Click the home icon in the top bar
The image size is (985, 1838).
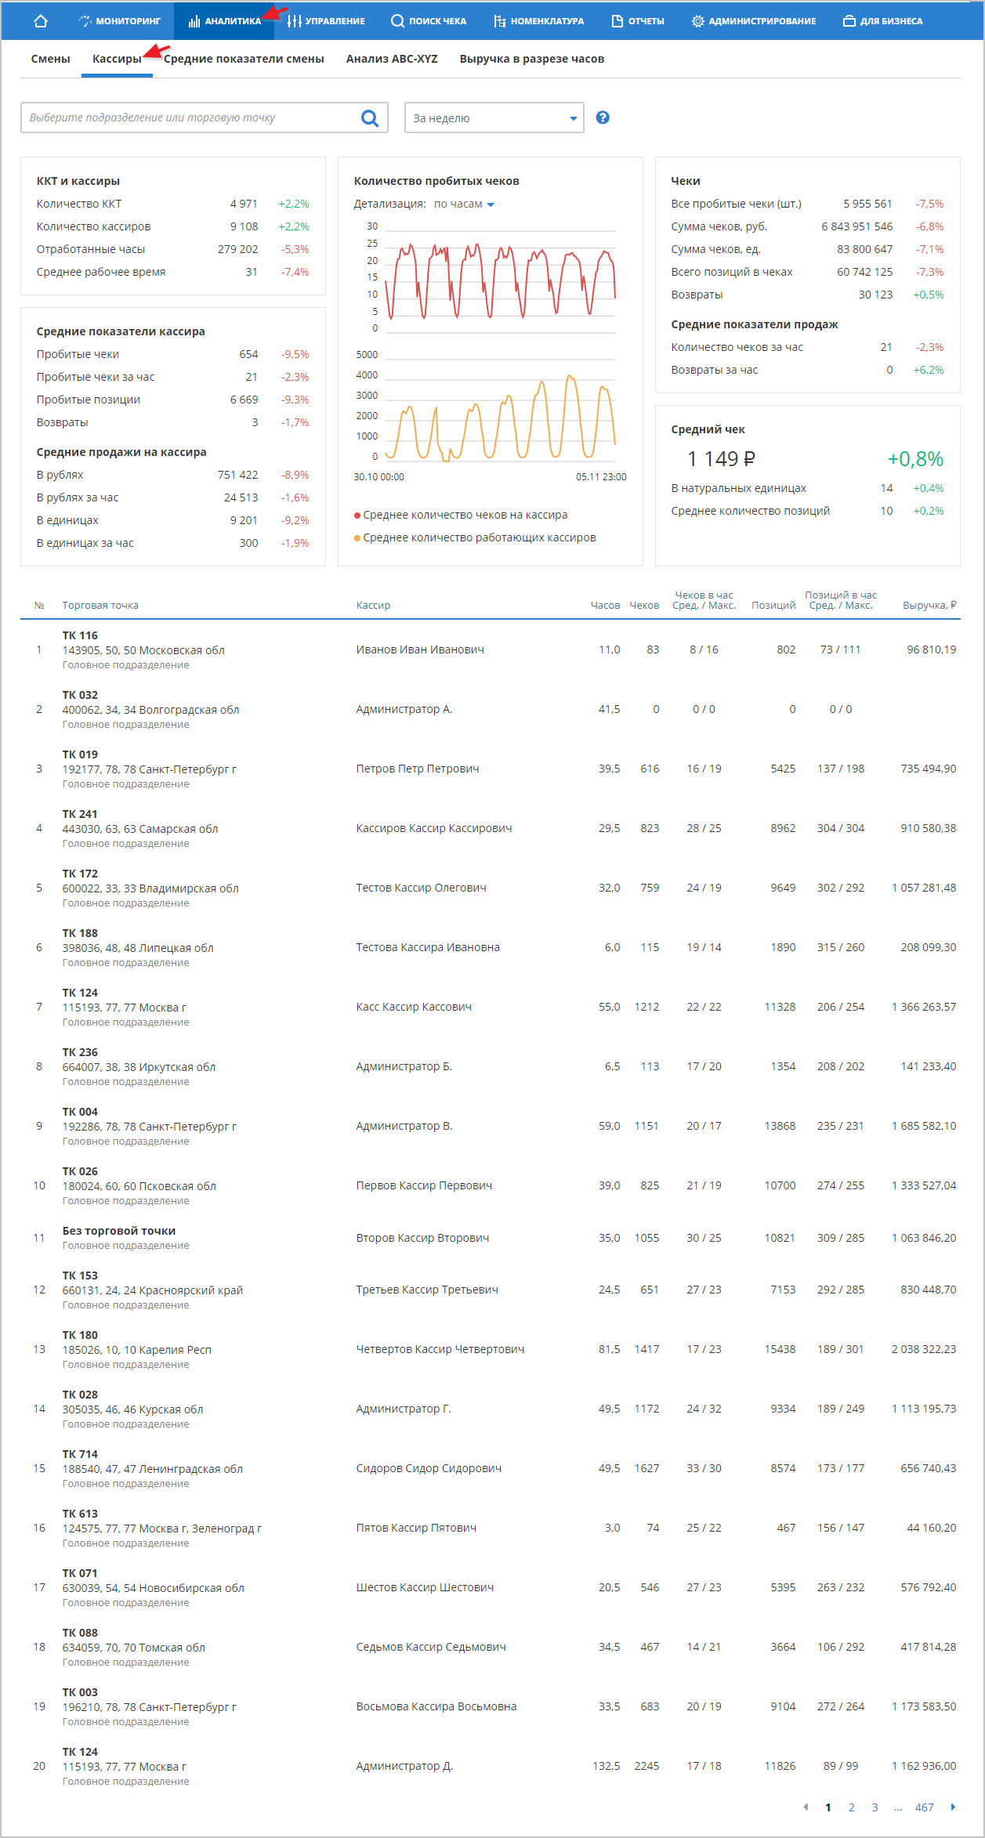(x=41, y=21)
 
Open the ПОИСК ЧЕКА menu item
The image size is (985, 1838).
(x=429, y=21)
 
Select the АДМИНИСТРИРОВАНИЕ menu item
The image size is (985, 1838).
(x=754, y=21)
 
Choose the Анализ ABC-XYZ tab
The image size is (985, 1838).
(x=392, y=59)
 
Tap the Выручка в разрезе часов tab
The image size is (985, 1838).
(x=531, y=59)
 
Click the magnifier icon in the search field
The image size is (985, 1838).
(x=370, y=118)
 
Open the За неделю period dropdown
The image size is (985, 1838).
(x=494, y=118)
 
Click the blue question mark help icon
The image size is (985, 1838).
(x=603, y=118)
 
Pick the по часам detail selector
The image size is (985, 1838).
(x=464, y=204)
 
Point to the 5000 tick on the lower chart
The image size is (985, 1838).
(x=367, y=355)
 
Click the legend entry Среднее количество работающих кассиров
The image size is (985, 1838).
(x=479, y=537)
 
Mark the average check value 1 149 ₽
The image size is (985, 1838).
(x=721, y=459)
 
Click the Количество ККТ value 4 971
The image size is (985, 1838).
(x=244, y=204)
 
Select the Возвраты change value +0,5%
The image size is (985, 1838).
(x=928, y=295)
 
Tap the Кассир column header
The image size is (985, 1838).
(x=373, y=606)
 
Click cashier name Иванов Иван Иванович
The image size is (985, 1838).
(x=420, y=649)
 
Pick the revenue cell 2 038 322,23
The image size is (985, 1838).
(x=923, y=1349)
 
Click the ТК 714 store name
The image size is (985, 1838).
(x=80, y=1454)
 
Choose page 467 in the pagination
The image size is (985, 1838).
(x=924, y=1807)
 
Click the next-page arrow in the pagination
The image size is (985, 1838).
(x=953, y=1807)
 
